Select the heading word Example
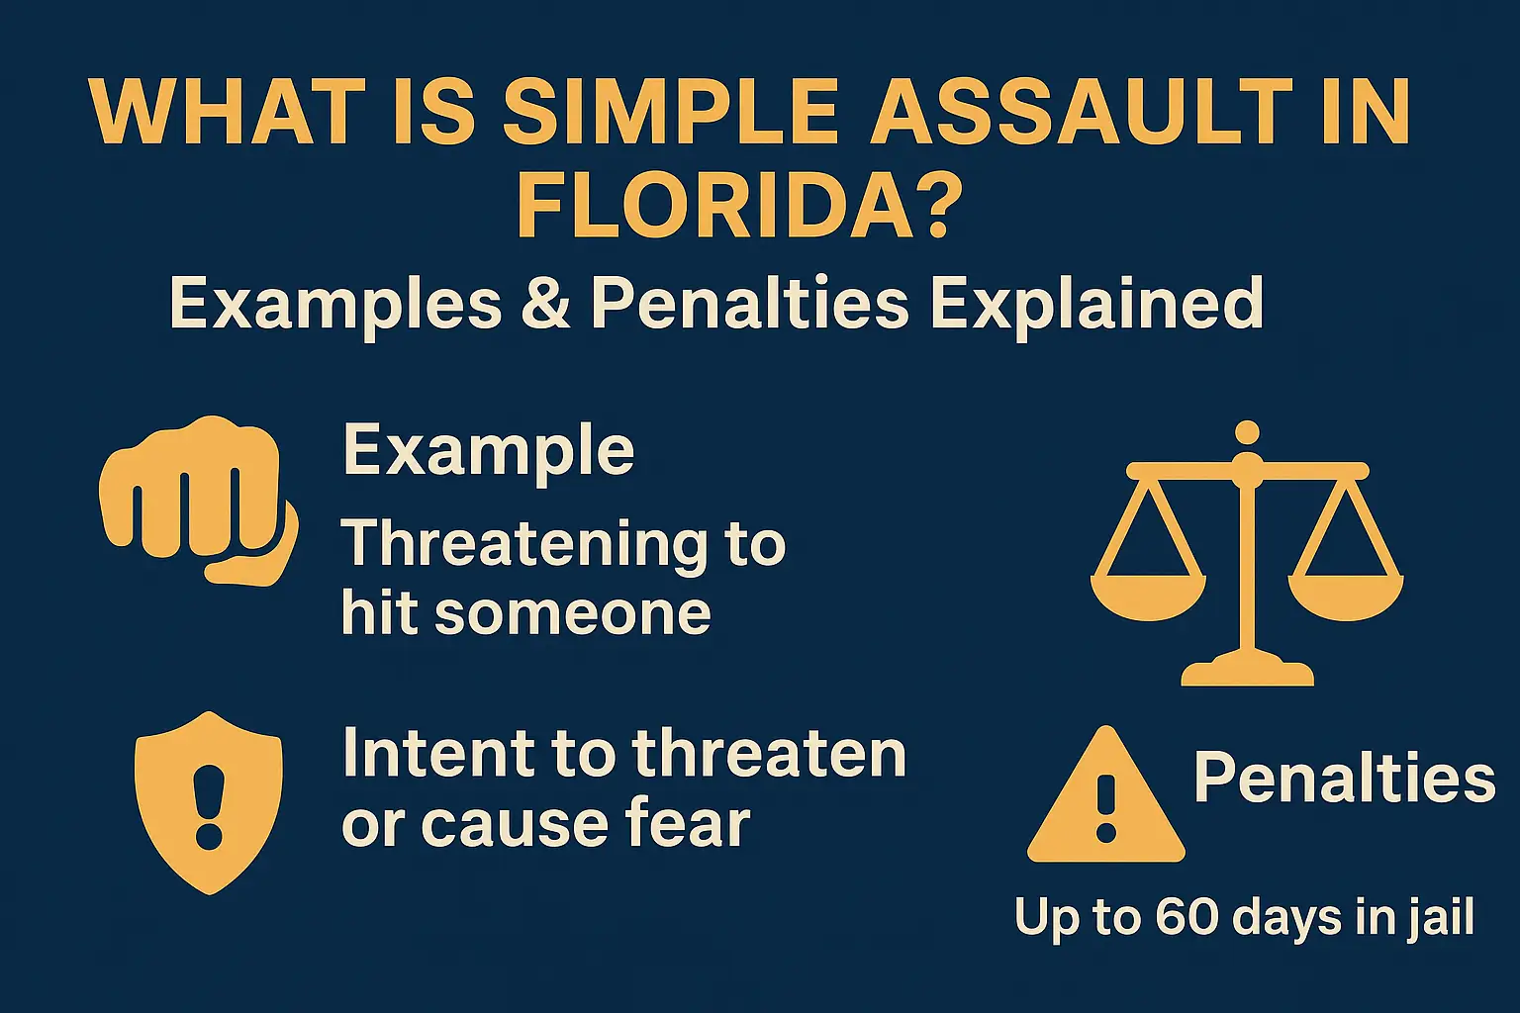tap(488, 451)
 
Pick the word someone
tap(572, 613)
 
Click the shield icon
tap(208, 801)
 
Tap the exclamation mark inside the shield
tap(209, 806)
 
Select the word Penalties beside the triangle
tap(1344, 778)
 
